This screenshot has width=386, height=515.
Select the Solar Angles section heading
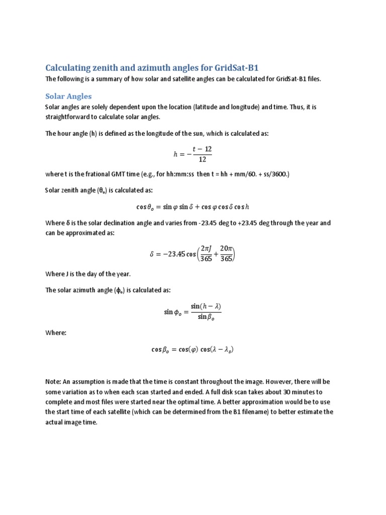pos(68,96)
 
